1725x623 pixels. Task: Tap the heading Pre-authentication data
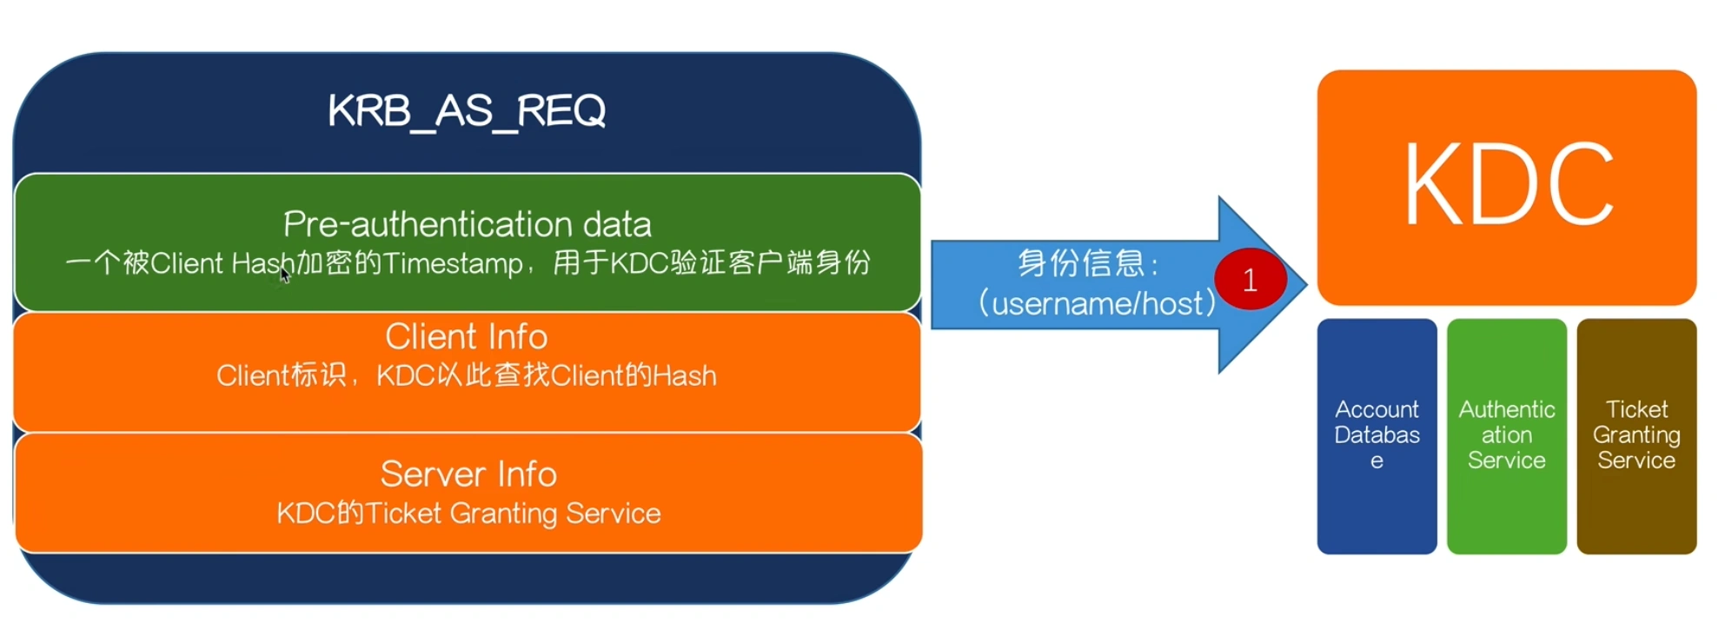(467, 225)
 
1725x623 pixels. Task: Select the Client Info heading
(467, 337)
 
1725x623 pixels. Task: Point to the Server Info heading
(468, 474)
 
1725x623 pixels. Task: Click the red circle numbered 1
(1250, 280)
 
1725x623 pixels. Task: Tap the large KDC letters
(1508, 185)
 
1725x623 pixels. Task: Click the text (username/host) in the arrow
(1097, 303)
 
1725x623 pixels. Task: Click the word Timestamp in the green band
(453, 263)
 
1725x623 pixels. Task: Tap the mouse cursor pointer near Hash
(284, 275)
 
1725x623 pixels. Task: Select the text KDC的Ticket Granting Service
(468, 514)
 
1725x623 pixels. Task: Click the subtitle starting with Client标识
(467, 375)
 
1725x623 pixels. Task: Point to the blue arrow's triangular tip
(1295, 284)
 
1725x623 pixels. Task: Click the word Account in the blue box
(1377, 409)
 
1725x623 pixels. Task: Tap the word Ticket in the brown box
(1636, 409)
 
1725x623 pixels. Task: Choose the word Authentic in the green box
(1506, 409)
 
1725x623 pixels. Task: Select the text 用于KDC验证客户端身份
(711, 262)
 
